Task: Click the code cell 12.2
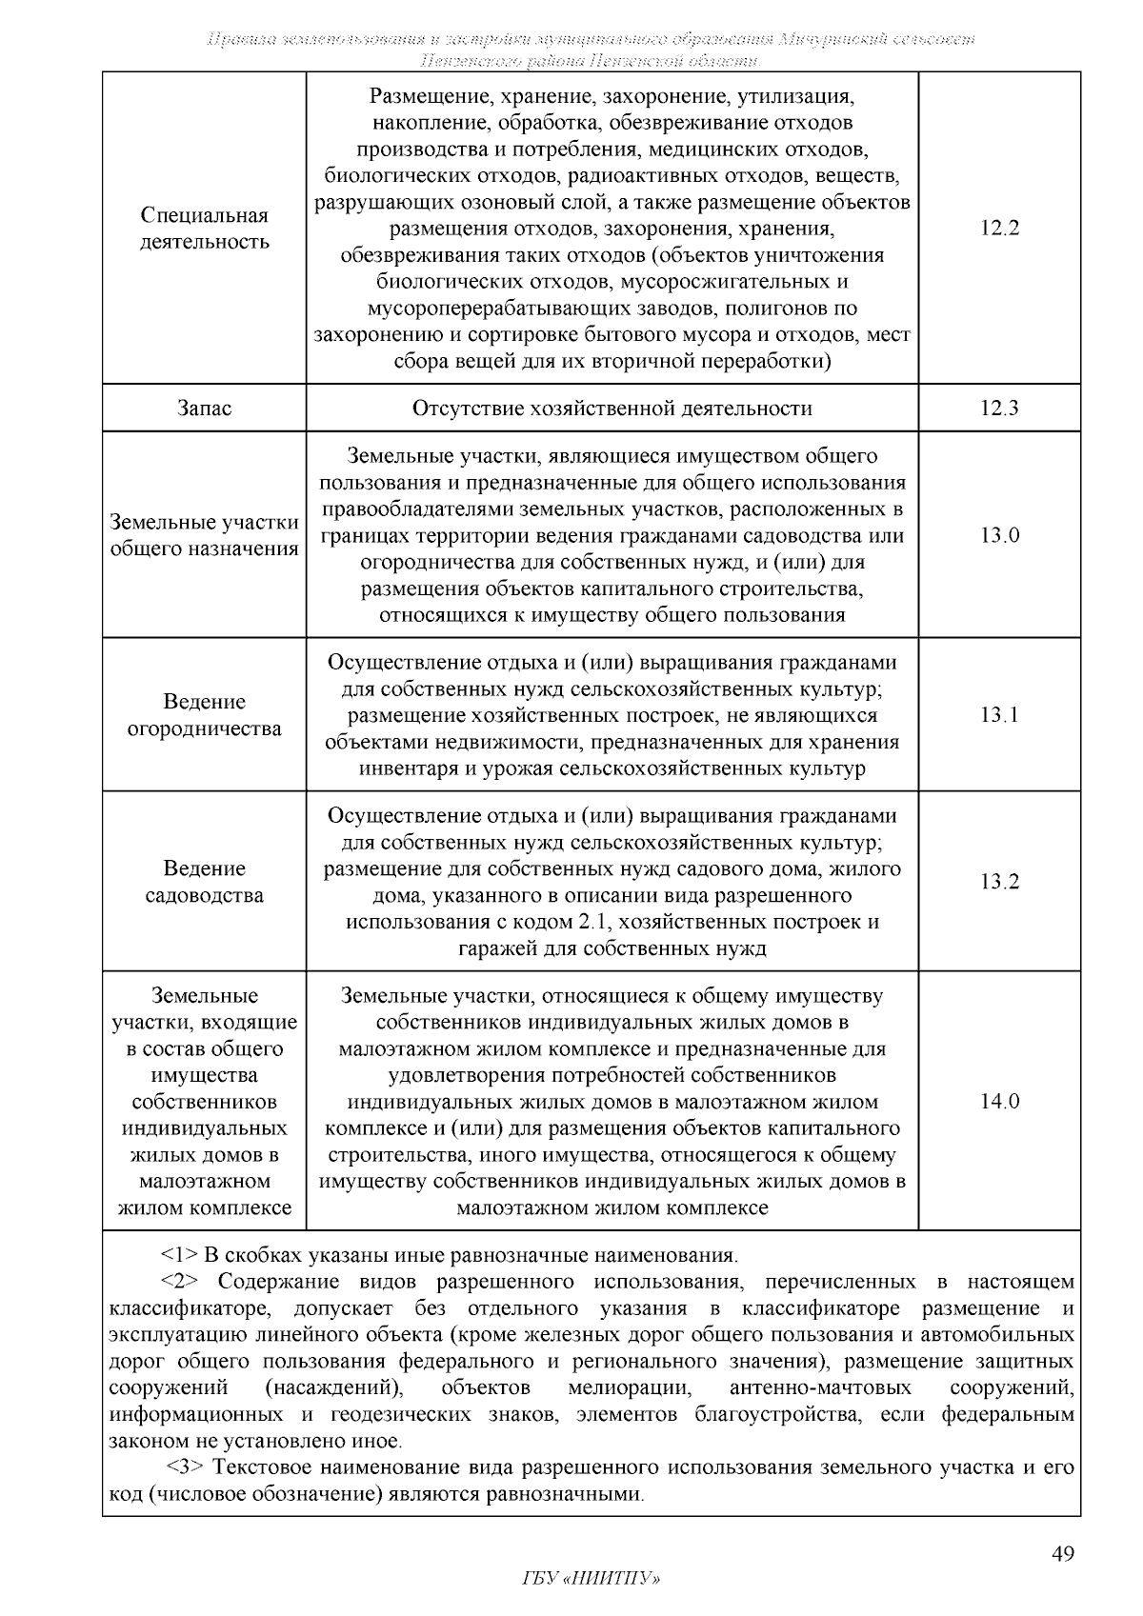[999, 229]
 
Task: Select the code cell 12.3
[999, 409]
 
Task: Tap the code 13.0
[999, 535]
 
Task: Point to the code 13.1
[999, 715]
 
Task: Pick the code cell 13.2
[999, 882]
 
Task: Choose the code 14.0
[999, 1102]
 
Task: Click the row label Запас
[204, 409]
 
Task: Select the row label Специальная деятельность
[204, 229]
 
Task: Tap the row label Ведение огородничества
[204, 715]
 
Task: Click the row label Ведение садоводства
[204, 882]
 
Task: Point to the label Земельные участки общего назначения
[204, 535]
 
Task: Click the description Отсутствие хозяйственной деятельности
[612, 409]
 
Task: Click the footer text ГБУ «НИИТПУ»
[591, 1578]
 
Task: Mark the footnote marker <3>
[188, 1466]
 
